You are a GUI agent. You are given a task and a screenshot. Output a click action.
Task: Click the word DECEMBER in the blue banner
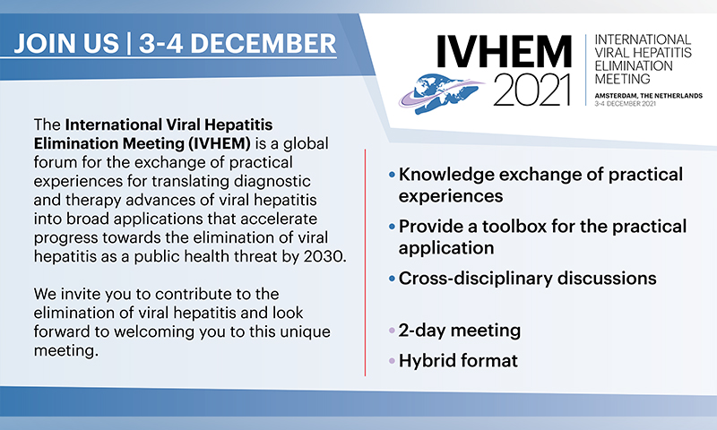point(263,44)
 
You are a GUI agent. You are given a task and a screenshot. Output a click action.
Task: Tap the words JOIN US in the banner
point(66,44)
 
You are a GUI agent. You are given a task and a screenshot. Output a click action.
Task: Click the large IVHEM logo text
point(504,51)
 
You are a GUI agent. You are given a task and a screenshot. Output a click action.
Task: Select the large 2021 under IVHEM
point(532,90)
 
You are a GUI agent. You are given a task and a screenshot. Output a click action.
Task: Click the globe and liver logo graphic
point(441,93)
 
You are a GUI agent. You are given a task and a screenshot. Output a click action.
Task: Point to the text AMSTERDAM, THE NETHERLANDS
point(648,96)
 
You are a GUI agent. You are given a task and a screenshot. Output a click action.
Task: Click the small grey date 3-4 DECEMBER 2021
point(625,104)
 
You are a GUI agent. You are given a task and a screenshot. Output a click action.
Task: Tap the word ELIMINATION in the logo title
point(634,65)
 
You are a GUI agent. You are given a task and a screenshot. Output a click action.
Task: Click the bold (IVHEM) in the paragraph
point(220,143)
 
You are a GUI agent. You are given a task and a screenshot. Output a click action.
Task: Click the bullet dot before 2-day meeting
point(392,331)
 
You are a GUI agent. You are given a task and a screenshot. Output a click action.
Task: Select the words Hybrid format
point(458,361)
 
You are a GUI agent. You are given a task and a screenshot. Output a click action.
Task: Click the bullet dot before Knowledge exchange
point(392,175)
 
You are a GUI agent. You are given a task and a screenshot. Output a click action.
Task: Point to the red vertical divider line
point(365,262)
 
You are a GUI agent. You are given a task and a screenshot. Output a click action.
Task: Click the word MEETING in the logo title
point(622,79)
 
